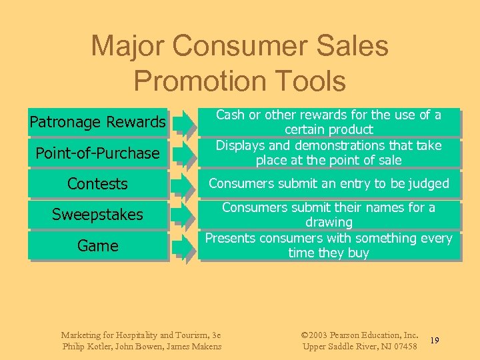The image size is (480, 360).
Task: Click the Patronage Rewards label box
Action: click(97, 122)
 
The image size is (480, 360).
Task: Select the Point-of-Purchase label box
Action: click(97, 153)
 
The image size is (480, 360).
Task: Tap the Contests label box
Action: click(97, 184)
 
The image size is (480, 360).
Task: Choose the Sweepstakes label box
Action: click(97, 215)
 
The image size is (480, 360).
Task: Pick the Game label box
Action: click(97, 246)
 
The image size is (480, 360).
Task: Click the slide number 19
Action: click(434, 341)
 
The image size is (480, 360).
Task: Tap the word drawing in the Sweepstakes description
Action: click(329, 222)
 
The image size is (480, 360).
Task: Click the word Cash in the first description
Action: click(230, 115)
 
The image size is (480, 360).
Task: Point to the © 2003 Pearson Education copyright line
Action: click(360, 335)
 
